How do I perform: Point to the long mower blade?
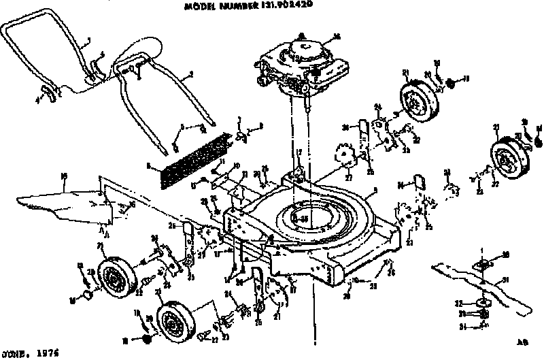point(476,282)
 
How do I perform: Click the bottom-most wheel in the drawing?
point(173,321)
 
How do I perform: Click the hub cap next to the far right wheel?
point(539,142)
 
